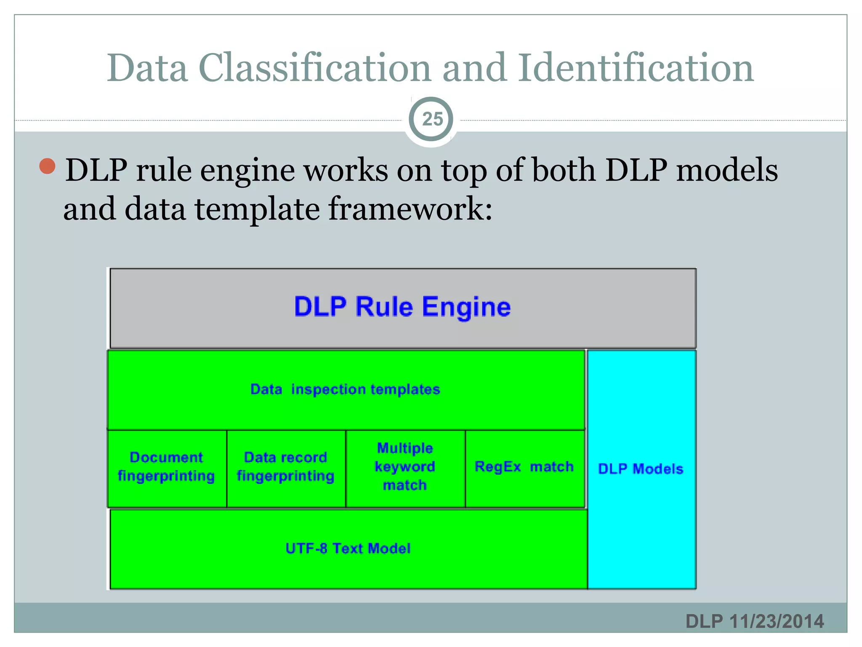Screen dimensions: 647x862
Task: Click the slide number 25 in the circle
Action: tap(432, 119)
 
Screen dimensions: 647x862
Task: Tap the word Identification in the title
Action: tap(636, 68)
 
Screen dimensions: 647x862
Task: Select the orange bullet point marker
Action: tap(48, 166)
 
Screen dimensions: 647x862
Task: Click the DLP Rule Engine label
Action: tap(402, 307)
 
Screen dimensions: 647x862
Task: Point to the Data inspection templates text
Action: tap(345, 389)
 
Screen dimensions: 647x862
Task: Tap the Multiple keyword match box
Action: tap(405, 467)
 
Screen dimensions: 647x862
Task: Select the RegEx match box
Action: tap(524, 467)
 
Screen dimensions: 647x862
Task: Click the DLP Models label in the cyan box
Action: tap(641, 469)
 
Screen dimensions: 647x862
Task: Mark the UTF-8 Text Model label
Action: tap(348, 548)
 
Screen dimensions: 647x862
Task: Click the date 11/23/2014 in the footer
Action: tap(777, 621)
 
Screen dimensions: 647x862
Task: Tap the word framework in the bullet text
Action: tap(410, 209)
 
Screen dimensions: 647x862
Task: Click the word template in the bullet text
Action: tap(257, 209)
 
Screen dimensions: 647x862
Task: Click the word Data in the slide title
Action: tap(147, 68)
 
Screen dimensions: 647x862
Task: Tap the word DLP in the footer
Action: tap(704, 621)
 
